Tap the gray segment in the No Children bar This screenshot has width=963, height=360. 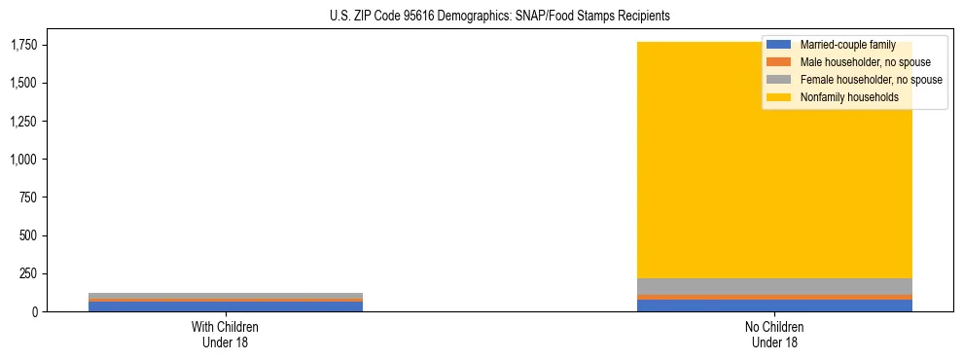pyautogui.click(x=774, y=286)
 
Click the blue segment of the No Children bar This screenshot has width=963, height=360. pyautogui.click(x=774, y=306)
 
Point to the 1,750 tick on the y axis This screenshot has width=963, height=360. pyautogui.click(x=24, y=45)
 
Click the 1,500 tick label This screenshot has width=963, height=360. pyautogui.click(x=24, y=83)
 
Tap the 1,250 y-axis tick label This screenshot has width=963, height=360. pyautogui.click(x=24, y=122)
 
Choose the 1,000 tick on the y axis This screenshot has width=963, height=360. pyautogui.click(x=24, y=160)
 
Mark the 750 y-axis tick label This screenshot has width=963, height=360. pyautogui.click(x=30, y=198)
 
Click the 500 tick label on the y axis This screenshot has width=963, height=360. pyautogui.click(x=30, y=235)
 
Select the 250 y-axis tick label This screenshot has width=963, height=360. pyautogui.click(x=30, y=273)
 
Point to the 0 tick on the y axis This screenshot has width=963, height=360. pyautogui.click(x=36, y=311)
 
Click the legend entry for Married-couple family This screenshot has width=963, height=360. pyautogui.click(x=846, y=45)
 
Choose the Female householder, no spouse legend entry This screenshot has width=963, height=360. pyautogui.click(x=870, y=80)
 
